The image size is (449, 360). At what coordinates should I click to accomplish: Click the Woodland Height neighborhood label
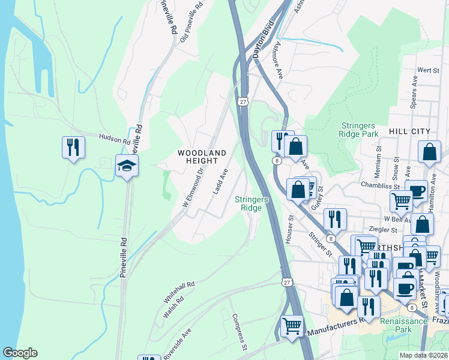tap(202, 157)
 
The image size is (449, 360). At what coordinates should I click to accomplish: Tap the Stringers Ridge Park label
tap(360, 130)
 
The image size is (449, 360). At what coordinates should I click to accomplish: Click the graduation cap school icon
tap(127, 165)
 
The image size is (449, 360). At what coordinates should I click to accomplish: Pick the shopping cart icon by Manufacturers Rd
tap(292, 326)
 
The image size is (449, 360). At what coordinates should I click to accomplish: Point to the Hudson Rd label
tap(115, 139)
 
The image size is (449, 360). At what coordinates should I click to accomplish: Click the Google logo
tap(20, 353)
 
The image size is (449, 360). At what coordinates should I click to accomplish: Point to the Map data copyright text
tap(424, 355)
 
